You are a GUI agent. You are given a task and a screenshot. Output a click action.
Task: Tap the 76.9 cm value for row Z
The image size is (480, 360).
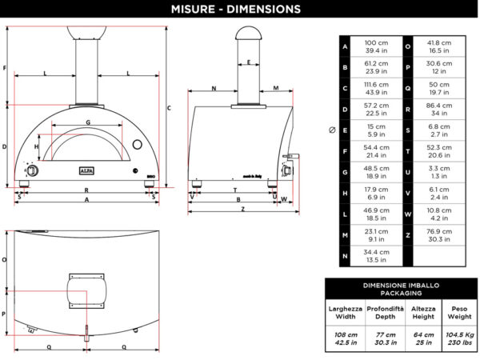tap(438, 235)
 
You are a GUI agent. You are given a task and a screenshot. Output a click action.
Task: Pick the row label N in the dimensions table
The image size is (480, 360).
tap(345, 256)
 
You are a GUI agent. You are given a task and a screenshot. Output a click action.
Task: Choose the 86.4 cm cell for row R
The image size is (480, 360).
tap(438, 110)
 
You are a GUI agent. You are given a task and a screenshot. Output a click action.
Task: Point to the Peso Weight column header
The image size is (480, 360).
tap(455, 312)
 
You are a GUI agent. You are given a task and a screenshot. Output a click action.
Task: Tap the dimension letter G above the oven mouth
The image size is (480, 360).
tap(88, 122)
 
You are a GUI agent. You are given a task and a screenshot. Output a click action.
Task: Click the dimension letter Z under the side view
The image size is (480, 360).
tap(241, 210)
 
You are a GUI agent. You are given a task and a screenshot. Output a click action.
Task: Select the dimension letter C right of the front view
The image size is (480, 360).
tap(169, 107)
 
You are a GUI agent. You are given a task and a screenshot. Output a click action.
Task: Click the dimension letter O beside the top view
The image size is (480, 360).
tap(5, 259)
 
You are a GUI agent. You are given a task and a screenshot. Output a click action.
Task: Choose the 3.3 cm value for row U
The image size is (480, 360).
tap(438, 172)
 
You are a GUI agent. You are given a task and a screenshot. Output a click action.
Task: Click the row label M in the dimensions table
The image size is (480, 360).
tap(345, 235)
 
